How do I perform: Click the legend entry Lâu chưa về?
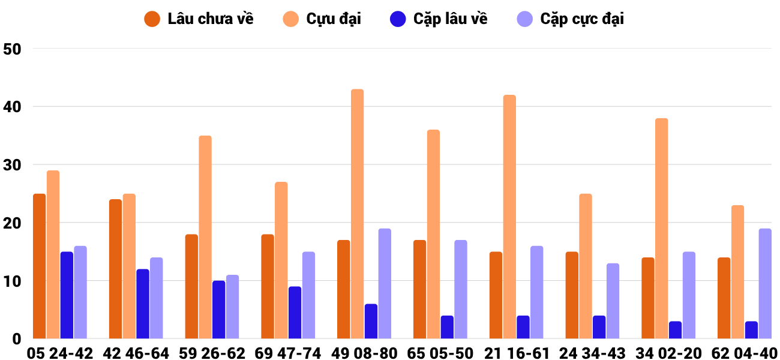pyautogui.click(x=199, y=19)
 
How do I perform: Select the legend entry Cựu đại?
pyautogui.click(x=322, y=19)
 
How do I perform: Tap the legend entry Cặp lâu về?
pyautogui.click(x=439, y=19)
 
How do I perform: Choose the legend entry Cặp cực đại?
pyautogui.click(x=571, y=19)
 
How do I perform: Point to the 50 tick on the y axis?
pyautogui.click(x=12, y=49)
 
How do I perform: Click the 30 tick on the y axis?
pyautogui.click(x=12, y=165)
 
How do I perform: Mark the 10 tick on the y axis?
pyautogui.click(x=12, y=281)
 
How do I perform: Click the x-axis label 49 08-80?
pyautogui.click(x=364, y=353)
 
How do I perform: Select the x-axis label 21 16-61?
pyautogui.click(x=517, y=353)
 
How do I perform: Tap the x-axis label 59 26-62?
pyautogui.click(x=212, y=353)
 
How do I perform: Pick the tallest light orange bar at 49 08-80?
pyautogui.click(x=357, y=214)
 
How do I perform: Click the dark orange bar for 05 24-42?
pyautogui.click(x=40, y=266)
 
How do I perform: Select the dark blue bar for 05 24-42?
pyautogui.click(x=67, y=295)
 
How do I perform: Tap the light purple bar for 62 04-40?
pyautogui.click(x=765, y=283)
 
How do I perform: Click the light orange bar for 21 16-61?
pyautogui.click(x=509, y=217)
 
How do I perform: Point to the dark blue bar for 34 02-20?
pyautogui.click(x=675, y=330)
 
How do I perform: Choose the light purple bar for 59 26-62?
pyautogui.click(x=233, y=307)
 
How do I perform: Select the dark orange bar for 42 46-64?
pyautogui.click(x=116, y=269)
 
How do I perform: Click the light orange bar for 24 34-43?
pyautogui.click(x=586, y=266)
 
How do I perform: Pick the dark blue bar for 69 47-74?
pyautogui.click(x=295, y=313)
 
